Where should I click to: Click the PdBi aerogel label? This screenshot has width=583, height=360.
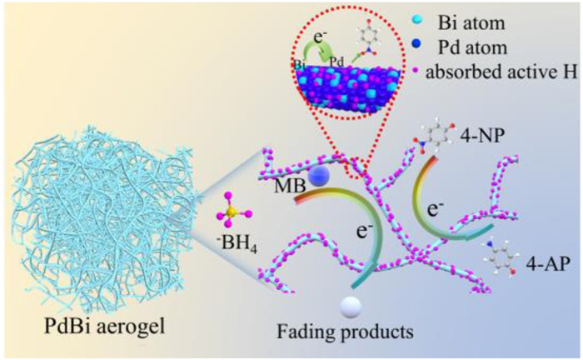pyautogui.click(x=104, y=327)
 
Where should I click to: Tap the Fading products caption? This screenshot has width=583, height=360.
pyautogui.click(x=345, y=331)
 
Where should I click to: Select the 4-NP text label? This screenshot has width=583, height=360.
pyautogui.click(x=482, y=137)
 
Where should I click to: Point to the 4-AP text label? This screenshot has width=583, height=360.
pyautogui.click(x=548, y=264)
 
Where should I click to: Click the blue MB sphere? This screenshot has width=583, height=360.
pyautogui.click(x=320, y=176)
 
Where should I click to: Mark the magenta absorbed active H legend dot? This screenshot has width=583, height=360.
pyautogui.click(x=418, y=71)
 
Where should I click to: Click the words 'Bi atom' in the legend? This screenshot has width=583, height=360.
pyautogui.click(x=471, y=23)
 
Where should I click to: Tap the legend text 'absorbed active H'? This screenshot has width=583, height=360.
pyautogui.click(x=501, y=72)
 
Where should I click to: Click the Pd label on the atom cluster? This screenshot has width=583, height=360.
pyautogui.click(x=337, y=62)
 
